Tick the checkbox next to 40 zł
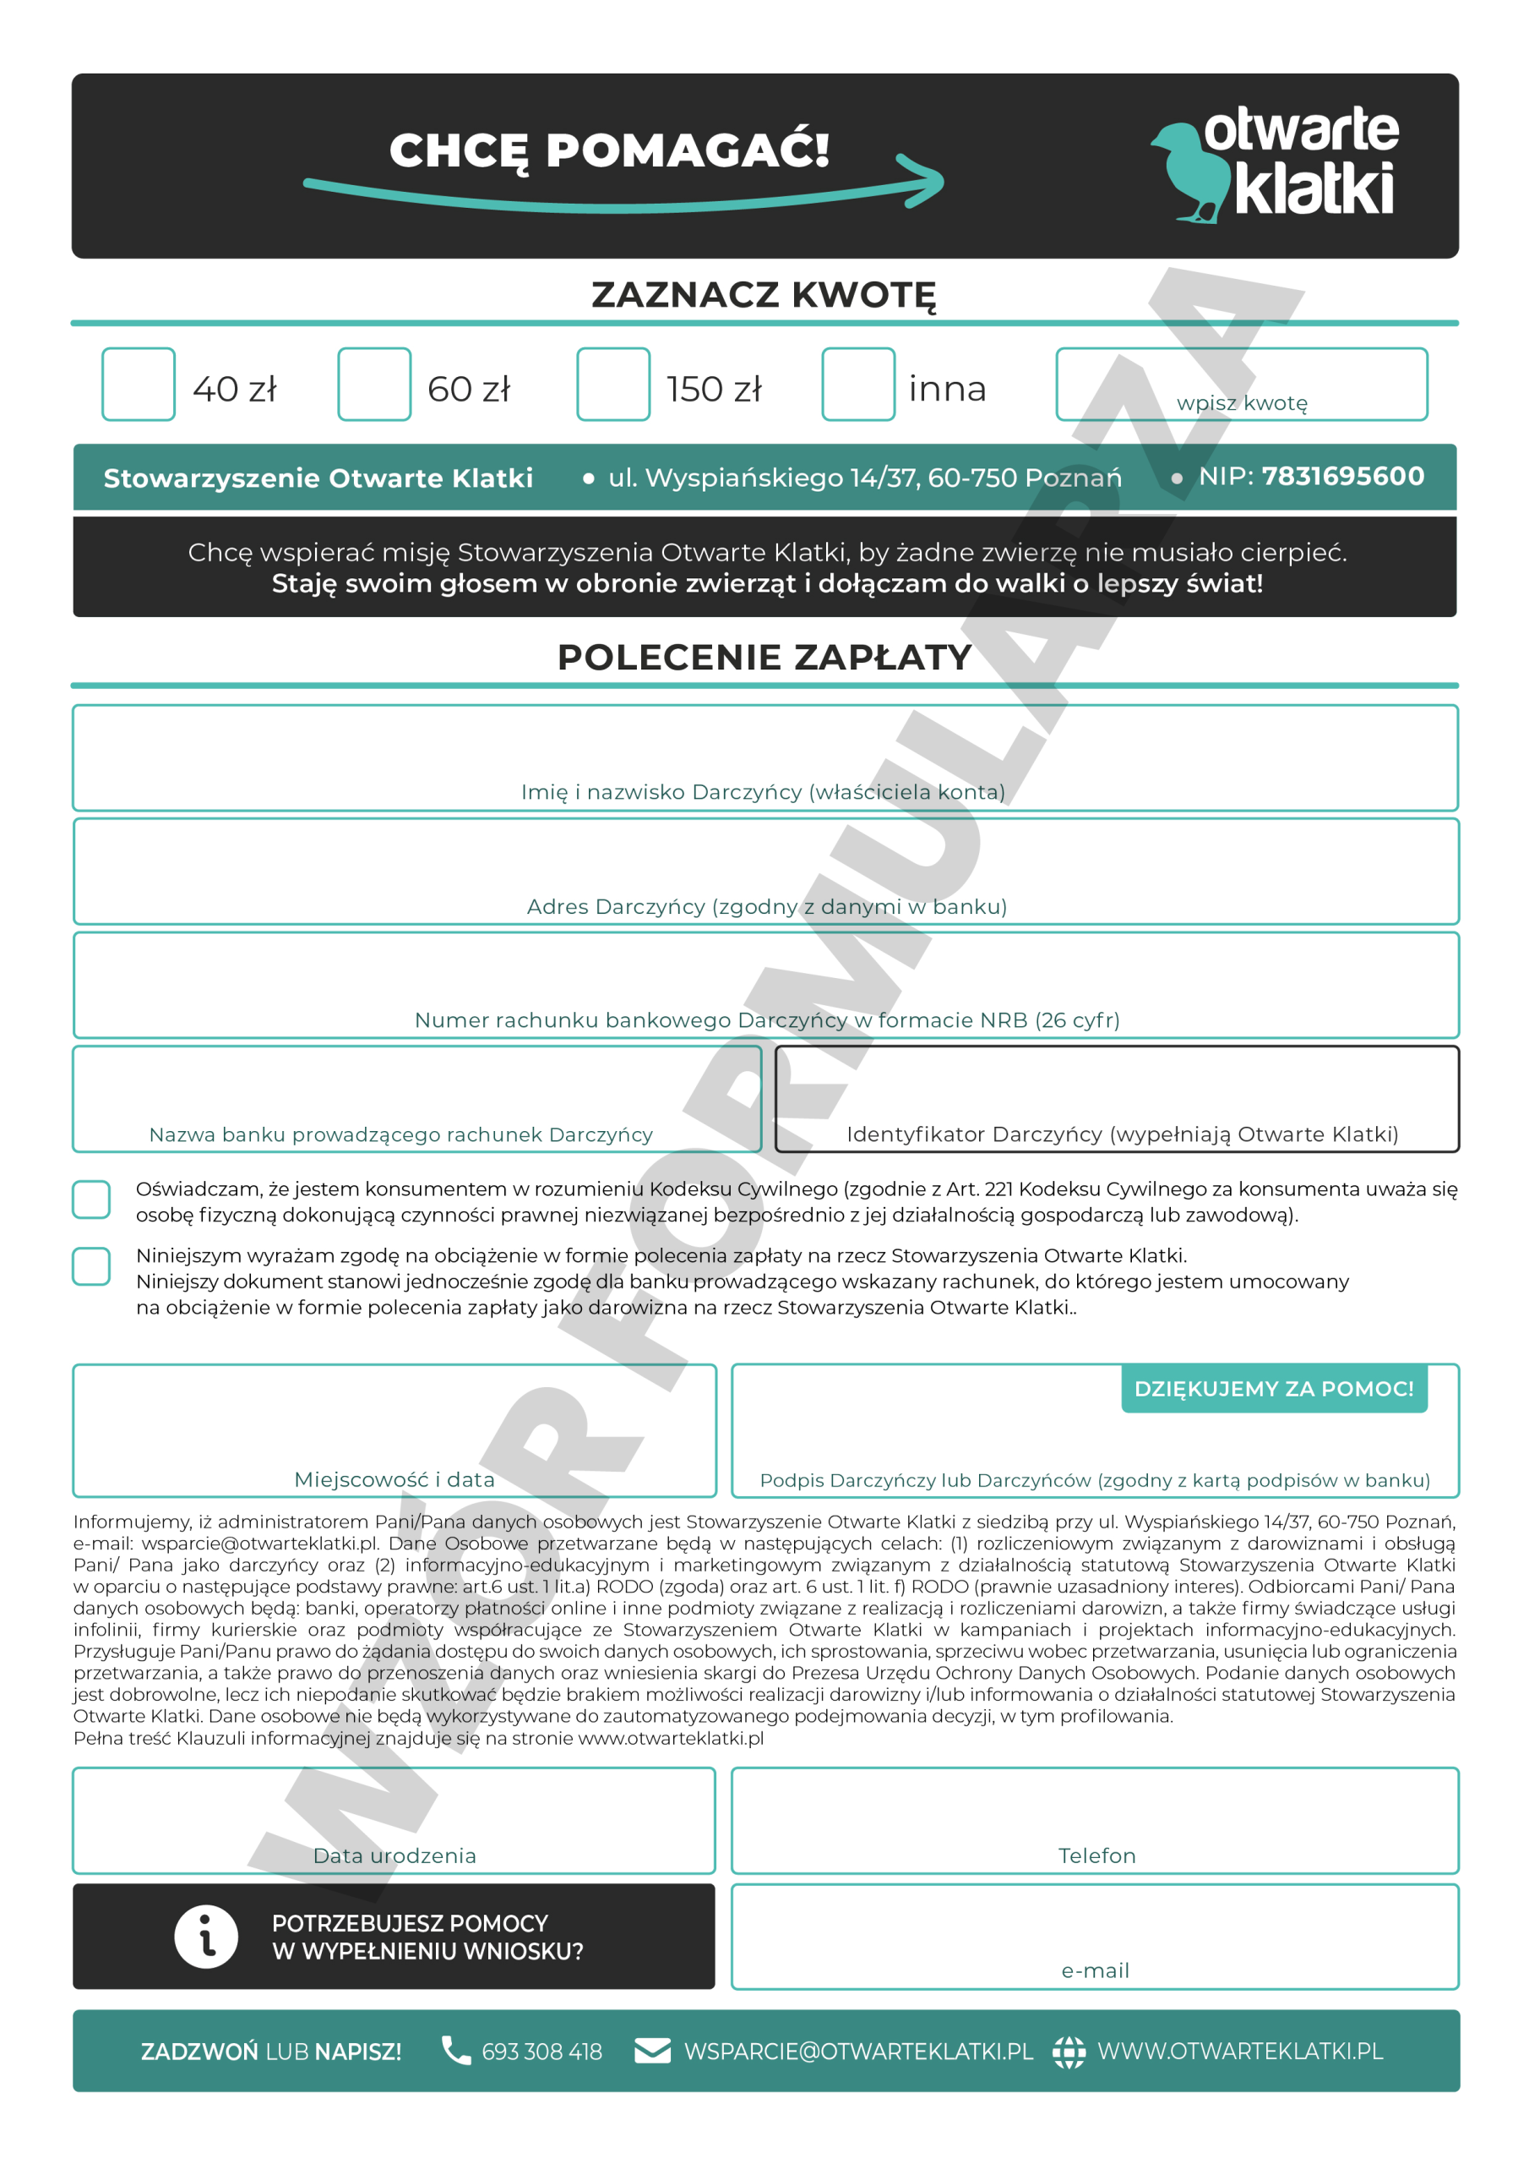(139, 384)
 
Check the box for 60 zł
(374, 384)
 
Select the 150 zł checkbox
(613, 384)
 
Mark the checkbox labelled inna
(857, 384)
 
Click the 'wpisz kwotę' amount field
(1241, 383)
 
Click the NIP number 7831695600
(1342, 477)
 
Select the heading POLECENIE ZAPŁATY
(764, 657)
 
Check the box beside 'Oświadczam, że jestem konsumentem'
(91, 1199)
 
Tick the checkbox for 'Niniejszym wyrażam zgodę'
(91, 1265)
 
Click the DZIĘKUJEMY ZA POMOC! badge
(1274, 1388)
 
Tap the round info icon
(206, 1937)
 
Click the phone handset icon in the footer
(457, 2050)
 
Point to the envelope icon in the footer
(652, 2050)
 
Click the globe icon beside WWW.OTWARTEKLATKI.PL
(1069, 2051)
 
